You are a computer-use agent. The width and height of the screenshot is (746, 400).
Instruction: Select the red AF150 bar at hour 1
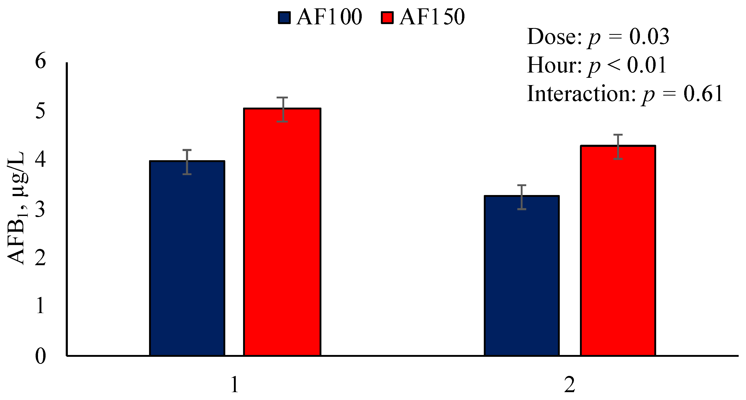(282, 232)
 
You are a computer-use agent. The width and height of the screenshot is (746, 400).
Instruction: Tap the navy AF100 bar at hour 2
(522, 275)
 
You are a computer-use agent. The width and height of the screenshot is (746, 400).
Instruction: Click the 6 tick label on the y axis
(40, 61)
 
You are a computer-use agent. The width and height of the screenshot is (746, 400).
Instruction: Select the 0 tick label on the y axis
(40, 356)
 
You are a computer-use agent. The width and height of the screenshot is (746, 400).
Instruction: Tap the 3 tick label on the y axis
(40, 209)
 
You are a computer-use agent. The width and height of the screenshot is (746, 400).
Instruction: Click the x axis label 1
(235, 385)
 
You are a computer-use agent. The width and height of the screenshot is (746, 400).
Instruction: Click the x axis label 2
(569, 385)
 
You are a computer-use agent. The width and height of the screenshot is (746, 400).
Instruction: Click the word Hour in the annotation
(553, 65)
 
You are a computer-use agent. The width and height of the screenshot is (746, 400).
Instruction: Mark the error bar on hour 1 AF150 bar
(282, 109)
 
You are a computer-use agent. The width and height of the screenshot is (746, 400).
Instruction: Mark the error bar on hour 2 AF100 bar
(522, 197)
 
